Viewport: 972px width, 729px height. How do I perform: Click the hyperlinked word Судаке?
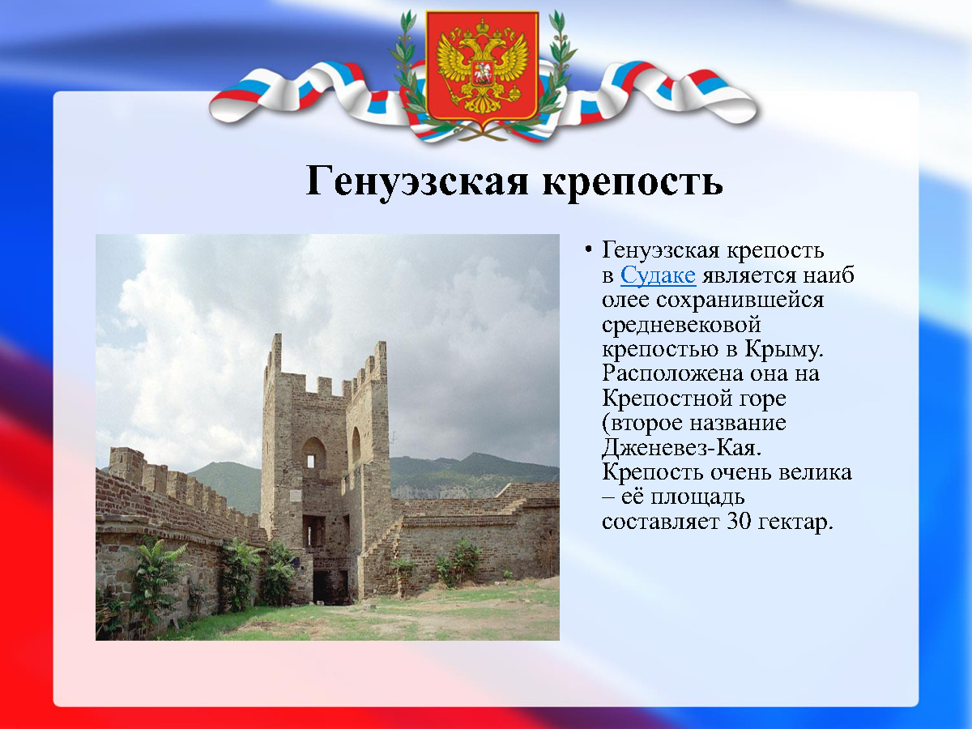[x=658, y=275]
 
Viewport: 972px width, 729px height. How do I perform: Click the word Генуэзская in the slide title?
[x=416, y=181]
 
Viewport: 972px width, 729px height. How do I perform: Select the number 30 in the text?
[x=739, y=522]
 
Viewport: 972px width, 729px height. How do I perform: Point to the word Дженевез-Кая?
[x=681, y=448]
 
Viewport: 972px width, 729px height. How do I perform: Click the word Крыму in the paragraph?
[x=783, y=349]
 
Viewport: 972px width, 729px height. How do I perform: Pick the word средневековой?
[x=681, y=326]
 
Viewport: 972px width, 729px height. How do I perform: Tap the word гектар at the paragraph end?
[x=795, y=522]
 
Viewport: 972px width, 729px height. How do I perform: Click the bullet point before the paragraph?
[x=588, y=250]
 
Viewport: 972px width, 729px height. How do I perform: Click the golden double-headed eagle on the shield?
[x=483, y=66]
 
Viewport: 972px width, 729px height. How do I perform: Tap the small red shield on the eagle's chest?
[x=482, y=73]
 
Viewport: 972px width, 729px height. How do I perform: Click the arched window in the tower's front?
[x=313, y=453]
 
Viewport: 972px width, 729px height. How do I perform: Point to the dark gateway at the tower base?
[x=329, y=587]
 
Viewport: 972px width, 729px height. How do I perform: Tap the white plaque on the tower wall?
[x=295, y=496]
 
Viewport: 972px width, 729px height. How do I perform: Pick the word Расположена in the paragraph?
[x=672, y=373]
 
